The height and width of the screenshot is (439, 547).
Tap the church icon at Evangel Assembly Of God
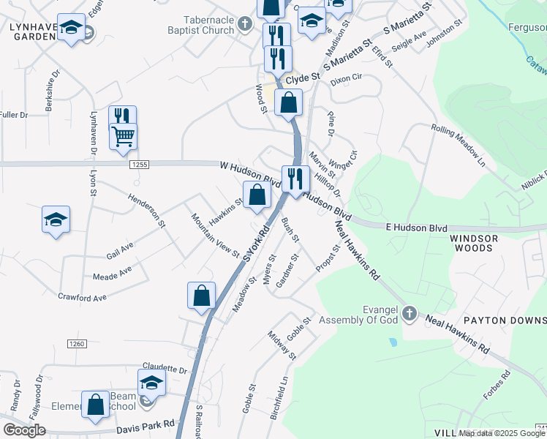[x=409, y=314]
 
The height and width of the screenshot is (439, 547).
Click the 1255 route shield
[x=141, y=165]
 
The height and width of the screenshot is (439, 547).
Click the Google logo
[x=24, y=430]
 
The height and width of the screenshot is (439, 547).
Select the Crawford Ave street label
[x=84, y=298]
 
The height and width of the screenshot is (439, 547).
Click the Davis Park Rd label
[x=146, y=424]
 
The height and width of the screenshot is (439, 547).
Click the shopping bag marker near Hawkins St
[x=257, y=195]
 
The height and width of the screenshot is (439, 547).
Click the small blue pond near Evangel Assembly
[x=393, y=342]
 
